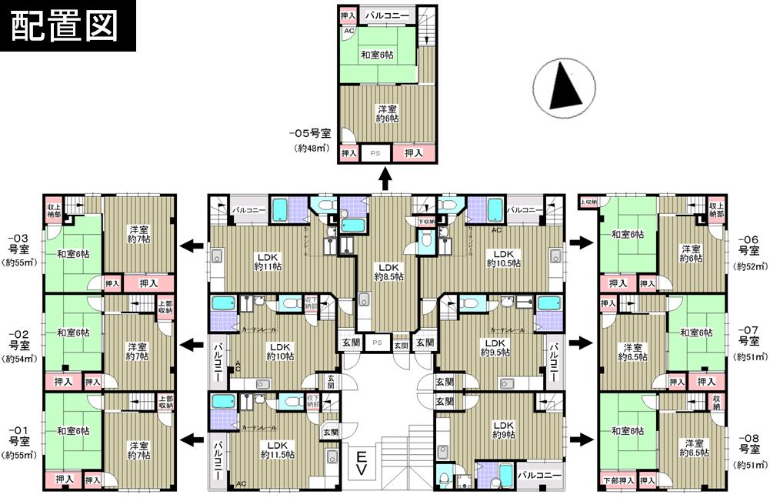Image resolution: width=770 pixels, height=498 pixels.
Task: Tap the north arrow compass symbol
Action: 565,89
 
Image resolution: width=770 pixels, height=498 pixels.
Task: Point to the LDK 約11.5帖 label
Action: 277,450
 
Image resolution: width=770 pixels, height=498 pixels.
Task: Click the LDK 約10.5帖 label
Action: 503,258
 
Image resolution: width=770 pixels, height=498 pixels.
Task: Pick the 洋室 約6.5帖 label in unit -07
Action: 632,351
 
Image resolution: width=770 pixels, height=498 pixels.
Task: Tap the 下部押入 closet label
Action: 618,481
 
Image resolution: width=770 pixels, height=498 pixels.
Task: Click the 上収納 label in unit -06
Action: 588,202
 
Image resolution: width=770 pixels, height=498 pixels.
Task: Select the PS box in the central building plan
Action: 377,343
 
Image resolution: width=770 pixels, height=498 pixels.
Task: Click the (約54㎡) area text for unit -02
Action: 18,359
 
